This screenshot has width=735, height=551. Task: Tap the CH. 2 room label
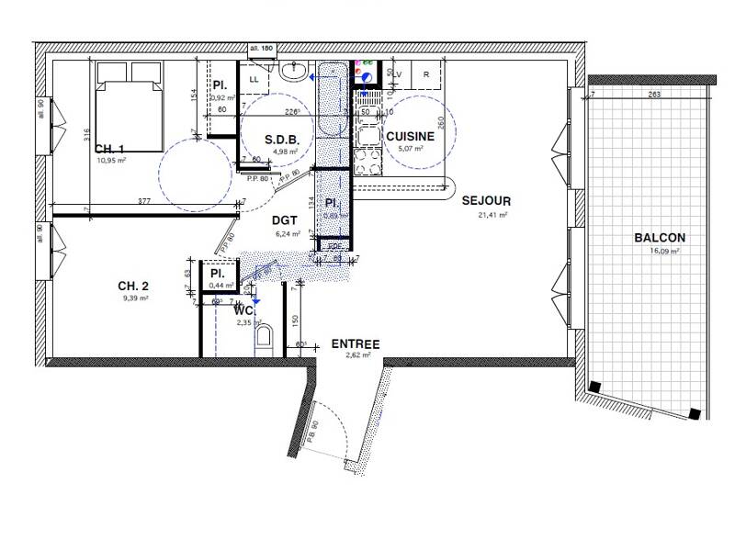132,286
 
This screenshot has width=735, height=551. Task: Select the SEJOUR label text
486,200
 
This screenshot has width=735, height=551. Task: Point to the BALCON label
659,237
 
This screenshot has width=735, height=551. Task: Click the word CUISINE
410,136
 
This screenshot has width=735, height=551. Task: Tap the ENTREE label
356,343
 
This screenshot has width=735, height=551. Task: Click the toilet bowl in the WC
266,343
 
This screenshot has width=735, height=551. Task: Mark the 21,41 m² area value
493,214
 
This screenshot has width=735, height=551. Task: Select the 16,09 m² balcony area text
660,250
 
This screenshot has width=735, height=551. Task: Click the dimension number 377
144,199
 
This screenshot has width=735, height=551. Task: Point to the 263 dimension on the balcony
654,95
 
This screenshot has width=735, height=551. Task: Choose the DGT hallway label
284,220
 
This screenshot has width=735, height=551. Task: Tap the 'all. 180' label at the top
263,48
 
